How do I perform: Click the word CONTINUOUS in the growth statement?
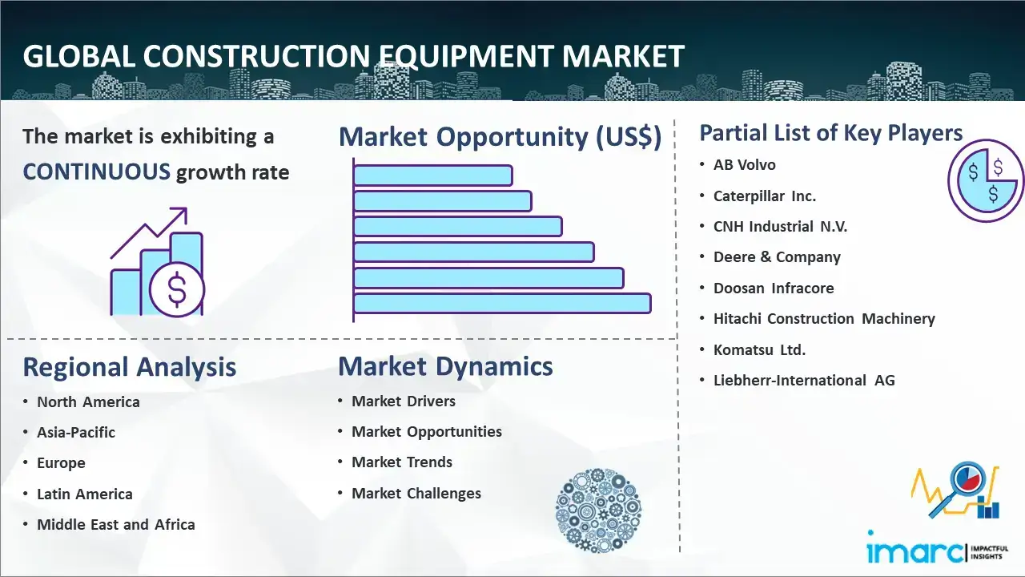97,172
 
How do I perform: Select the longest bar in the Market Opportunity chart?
502,304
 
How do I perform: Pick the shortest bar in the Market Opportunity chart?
433,176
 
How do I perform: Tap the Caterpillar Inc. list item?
765,196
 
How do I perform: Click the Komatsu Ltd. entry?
760,350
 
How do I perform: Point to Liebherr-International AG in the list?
804,380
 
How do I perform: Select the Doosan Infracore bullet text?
774,288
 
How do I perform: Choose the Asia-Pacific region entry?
76,432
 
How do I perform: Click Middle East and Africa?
116,524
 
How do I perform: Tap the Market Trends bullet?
402,462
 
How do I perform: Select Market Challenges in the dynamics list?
416,493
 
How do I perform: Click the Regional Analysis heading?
130,367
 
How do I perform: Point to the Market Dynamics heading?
445,366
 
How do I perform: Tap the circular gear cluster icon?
598,510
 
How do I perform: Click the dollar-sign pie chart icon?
986,181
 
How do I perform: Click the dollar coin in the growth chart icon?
177,289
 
